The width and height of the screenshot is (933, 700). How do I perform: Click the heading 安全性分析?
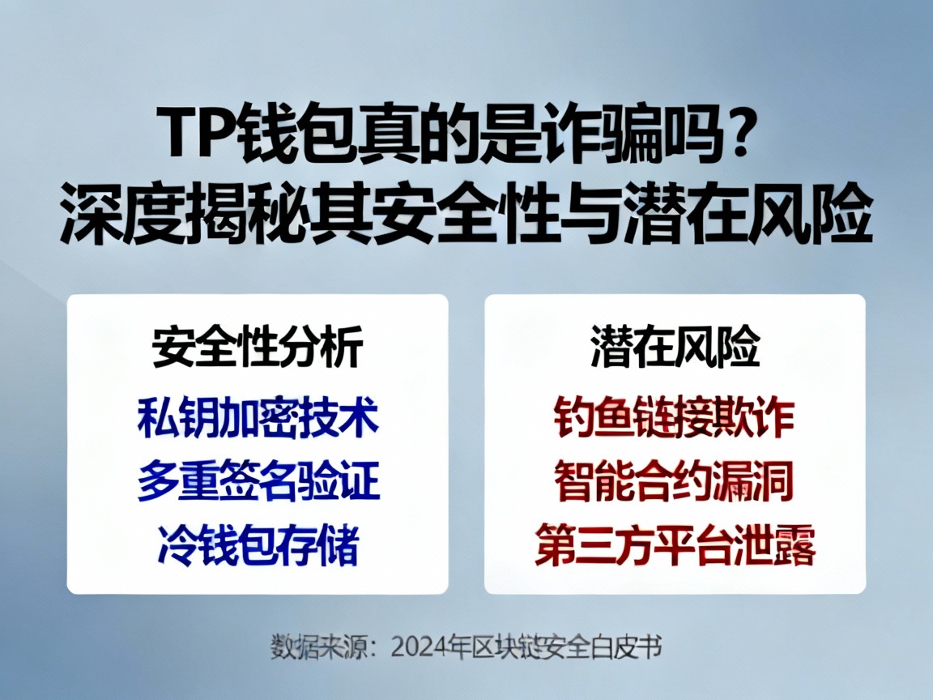(x=258, y=349)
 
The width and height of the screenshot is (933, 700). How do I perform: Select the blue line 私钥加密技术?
(x=258, y=419)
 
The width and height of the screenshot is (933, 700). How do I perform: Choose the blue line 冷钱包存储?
(x=258, y=546)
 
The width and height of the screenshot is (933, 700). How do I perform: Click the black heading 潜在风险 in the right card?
(x=675, y=349)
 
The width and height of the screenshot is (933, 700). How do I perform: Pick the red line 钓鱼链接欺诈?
(x=675, y=419)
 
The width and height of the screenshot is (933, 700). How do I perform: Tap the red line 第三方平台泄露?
(x=675, y=546)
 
